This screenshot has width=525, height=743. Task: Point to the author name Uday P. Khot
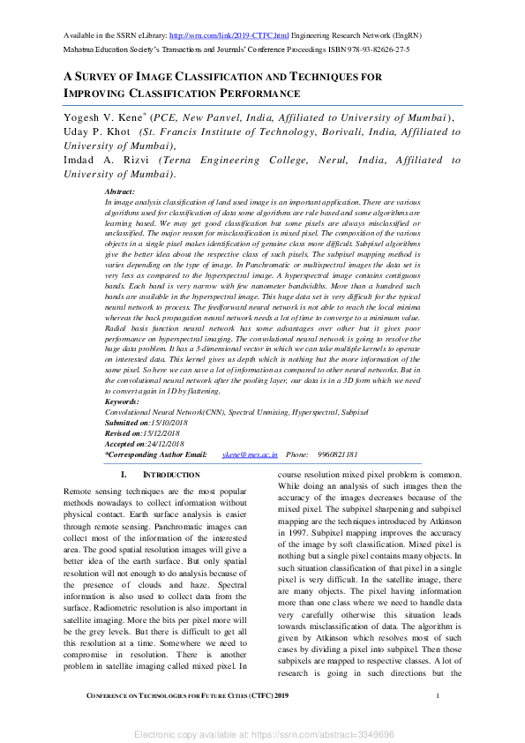[x=92, y=131]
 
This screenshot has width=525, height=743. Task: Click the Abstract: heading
[x=119, y=191]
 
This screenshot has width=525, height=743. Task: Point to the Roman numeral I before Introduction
[x=123, y=475]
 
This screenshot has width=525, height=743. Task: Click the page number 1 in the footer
[x=438, y=697]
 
